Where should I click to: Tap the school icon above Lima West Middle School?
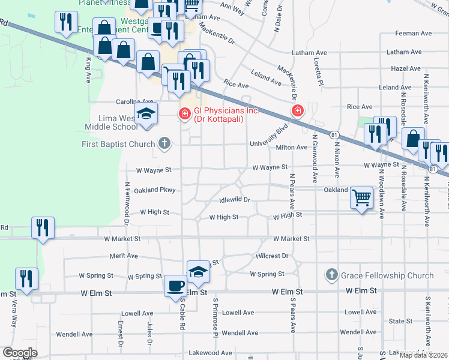point(146,114)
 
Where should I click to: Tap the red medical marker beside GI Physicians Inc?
point(184,112)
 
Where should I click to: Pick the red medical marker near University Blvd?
point(297,110)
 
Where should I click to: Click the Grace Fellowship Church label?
point(387,275)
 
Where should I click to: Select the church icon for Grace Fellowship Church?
point(331,275)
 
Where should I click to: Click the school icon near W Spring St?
point(198,271)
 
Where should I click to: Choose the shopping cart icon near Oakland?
point(362,197)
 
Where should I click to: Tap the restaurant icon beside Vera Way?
point(26,278)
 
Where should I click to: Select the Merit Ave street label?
point(124,256)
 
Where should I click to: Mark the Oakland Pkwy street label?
point(154,190)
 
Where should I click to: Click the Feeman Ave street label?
point(414,34)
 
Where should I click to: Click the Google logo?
point(20,353)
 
